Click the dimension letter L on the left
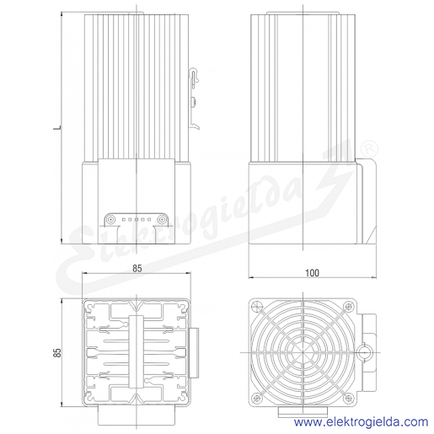pyautogui.click(x=57, y=128)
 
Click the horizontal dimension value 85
pyautogui.click(x=137, y=269)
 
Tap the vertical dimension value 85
pyautogui.click(x=57, y=352)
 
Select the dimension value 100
pyautogui.click(x=312, y=273)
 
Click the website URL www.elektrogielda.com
pyautogui.click(x=361, y=422)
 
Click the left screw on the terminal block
pyautogui.click(x=111, y=219)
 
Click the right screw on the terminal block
pyautogui.click(x=161, y=219)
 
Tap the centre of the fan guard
pyautogui.click(x=303, y=352)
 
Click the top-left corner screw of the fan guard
pyautogui.click(x=257, y=306)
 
